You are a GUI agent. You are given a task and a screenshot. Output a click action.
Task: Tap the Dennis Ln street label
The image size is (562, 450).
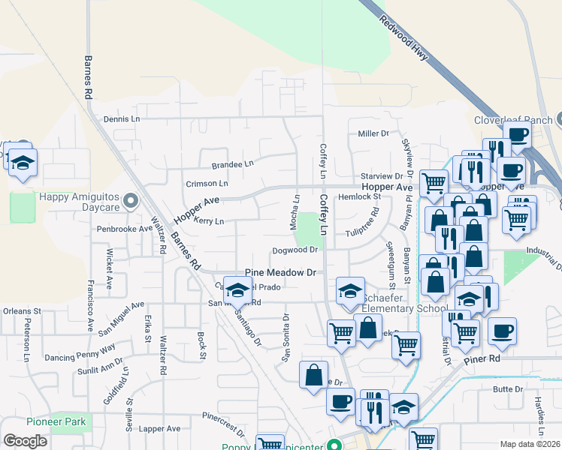pos(122,119)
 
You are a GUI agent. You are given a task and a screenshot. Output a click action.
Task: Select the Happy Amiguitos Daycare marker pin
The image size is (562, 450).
pos(131,200)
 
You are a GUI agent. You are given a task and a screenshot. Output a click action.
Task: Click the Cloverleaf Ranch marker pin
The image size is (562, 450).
pos(558,120)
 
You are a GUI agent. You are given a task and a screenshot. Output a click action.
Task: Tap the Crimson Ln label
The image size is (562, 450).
pos(207,183)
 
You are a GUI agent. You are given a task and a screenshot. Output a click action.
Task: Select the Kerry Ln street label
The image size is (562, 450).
pos(209,221)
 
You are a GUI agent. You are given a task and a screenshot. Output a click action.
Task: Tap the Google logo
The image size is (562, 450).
pos(26,440)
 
